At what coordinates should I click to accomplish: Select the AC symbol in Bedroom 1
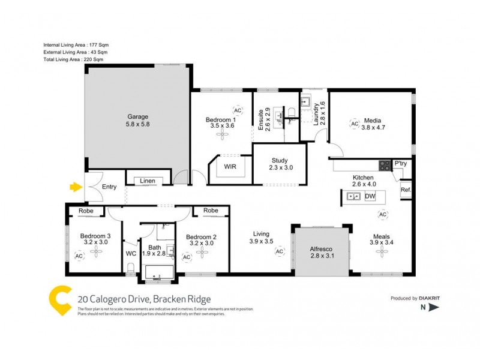click(238, 111)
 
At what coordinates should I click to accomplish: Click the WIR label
click(230, 167)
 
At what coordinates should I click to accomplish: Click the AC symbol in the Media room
click(354, 124)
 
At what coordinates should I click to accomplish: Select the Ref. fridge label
click(406, 191)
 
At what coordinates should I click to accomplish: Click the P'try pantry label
click(400, 163)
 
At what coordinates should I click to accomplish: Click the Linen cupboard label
click(148, 181)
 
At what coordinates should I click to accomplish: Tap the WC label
click(131, 254)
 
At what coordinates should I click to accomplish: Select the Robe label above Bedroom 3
click(85, 211)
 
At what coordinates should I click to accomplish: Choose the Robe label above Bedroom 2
click(210, 211)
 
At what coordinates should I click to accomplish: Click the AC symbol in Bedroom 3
click(79, 256)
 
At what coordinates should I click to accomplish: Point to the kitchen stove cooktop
click(384, 164)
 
